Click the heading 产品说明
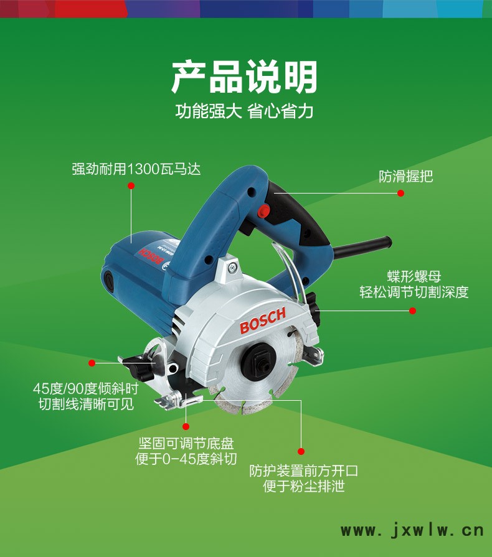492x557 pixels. (x=244, y=77)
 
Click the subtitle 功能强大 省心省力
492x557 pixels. (x=244, y=111)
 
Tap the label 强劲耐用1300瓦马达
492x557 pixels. (x=136, y=169)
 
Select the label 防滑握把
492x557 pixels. (x=405, y=176)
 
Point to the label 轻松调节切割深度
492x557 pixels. (x=414, y=292)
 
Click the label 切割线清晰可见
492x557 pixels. (x=86, y=404)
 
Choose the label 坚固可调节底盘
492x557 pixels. (x=186, y=443)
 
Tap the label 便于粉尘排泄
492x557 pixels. (x=303, y=486)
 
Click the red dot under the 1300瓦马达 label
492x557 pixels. (x=131, y=186)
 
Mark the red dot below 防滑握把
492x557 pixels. (x=400, y=194)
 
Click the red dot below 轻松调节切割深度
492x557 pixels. (x=412, y=311)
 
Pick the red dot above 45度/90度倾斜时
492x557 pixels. (x=92, y=363)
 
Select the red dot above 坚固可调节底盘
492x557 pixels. (x=186, y=426)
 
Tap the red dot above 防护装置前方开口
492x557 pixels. (x=301, y=451)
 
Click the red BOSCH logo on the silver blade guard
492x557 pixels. (x=263, y=321)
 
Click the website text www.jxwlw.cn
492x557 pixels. (x=412, y=531)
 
